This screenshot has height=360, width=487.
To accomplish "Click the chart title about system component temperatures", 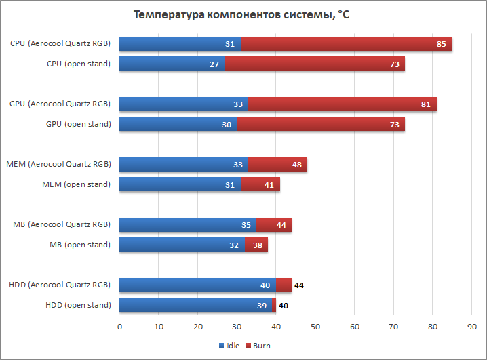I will pos(241,15).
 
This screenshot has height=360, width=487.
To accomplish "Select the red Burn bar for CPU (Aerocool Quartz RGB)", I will pos(346,44).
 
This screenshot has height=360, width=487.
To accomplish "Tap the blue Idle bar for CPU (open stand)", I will pos(172,64).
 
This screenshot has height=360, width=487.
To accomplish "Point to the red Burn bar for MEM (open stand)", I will pos(260,184).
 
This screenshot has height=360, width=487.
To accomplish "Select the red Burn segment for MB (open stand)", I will pos(256,245).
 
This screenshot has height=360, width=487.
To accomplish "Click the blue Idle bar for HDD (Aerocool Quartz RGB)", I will pos(197,285).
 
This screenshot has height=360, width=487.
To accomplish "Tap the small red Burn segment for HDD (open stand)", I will pos(274,305).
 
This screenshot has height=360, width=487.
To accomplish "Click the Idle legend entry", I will pos(231,346).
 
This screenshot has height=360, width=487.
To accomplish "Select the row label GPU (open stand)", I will pos(79,124).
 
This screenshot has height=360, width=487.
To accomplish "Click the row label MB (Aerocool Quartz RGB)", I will pos(62,224).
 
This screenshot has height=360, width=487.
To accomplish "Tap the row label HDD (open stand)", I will pos(79,305).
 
